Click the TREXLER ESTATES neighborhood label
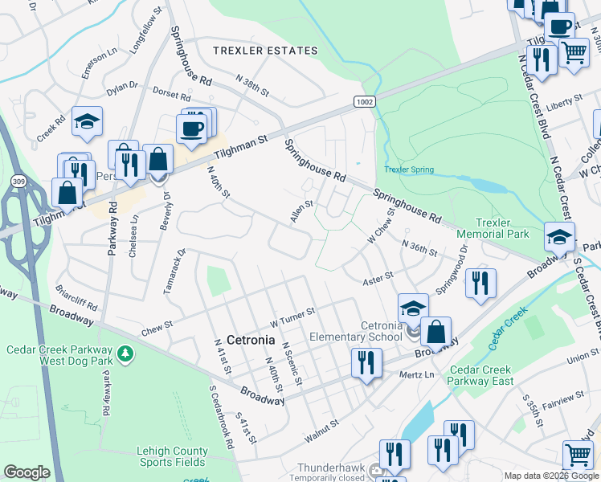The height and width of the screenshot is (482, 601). click(265, 51)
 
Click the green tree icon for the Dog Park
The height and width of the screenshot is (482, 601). click(125, 353)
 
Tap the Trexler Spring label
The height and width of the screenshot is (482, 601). click(409, 170)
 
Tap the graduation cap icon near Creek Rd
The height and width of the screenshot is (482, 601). click(87, 121)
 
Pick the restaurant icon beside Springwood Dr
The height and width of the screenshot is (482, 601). click(480, 282)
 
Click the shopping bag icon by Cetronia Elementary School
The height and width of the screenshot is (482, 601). click(435, 330)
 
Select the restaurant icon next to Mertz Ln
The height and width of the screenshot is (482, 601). click(366, 362)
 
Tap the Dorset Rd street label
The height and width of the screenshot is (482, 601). click(169, 94)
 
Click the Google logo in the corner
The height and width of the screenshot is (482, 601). click(27, 472)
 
